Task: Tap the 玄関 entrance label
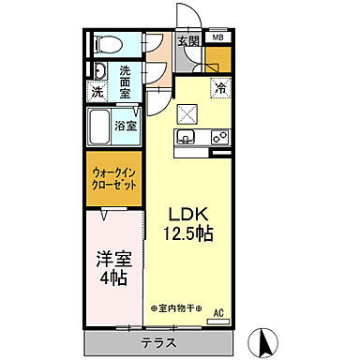[188, 41]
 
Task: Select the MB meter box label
[217, 37]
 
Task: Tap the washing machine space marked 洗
[98, 92]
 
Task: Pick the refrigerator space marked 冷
[221, 88]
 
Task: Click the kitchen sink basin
[186, 139]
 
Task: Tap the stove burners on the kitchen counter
[220, 137]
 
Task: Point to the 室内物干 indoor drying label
[179, 308]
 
